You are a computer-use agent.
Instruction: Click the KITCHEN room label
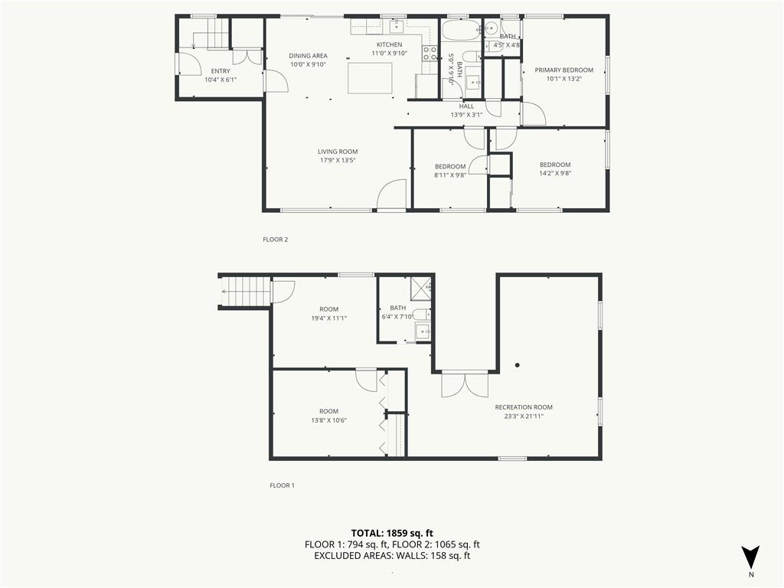[x=389, y=44]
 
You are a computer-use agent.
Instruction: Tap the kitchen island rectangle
[x=370, y=75]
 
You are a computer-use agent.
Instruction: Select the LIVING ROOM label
[x=338, y=152]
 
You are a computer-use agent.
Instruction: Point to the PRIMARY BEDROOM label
[x=564, y=70]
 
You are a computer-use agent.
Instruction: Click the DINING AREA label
[x=308, y=55]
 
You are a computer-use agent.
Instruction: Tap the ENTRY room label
[x=220, y=71]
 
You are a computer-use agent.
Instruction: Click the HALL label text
[x=466, y=106]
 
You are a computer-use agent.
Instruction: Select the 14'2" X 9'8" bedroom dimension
[x=555, y=174]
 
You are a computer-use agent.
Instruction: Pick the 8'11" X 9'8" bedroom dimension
[x=450, y=175]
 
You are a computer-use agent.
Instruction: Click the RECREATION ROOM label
[x=524, y=407]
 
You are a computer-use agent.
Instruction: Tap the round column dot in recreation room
[x=518, y=365]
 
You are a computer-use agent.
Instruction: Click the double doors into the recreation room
[x=465, y=384]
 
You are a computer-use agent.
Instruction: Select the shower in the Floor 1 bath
[x=420, y=287]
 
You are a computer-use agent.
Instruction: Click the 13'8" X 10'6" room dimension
[x=329, y=420]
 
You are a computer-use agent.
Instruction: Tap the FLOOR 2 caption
[x=276, y=240]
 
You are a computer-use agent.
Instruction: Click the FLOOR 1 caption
[x=282, y=485]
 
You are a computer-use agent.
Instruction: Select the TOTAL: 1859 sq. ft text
[x=388, y=533]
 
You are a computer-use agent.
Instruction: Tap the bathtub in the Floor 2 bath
[x=461, y=31]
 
